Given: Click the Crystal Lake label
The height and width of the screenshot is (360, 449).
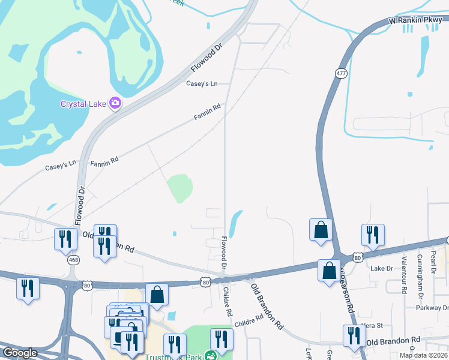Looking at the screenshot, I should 83,103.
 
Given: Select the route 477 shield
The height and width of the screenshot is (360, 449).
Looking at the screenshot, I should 341,73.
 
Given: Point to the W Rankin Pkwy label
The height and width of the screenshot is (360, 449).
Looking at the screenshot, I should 415,20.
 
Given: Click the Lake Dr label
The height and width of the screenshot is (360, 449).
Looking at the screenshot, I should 381,268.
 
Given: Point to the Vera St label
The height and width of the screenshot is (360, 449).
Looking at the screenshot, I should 373,325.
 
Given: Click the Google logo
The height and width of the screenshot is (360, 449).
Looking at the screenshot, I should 20,353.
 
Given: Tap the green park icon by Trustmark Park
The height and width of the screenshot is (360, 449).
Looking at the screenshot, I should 209,356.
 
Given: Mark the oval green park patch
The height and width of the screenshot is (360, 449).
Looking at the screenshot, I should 180,188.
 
